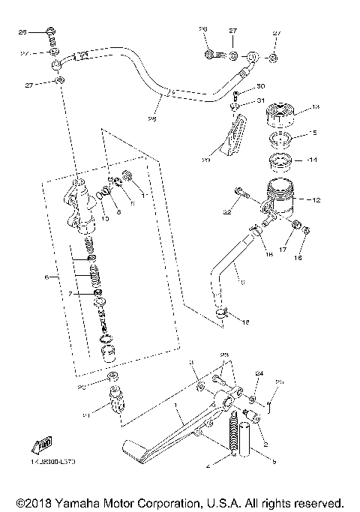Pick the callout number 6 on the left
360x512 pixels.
pyautogui.click(x=46, y=277)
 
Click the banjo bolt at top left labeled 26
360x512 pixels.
pyautogui.click(x=49, y=32)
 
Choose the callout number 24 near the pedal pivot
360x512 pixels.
pyautogui.click(x=259, y=373)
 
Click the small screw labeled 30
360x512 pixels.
pyautogui.click(x=235, y=94)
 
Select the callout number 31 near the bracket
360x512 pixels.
pyautogui.click(x=261, y=101)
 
